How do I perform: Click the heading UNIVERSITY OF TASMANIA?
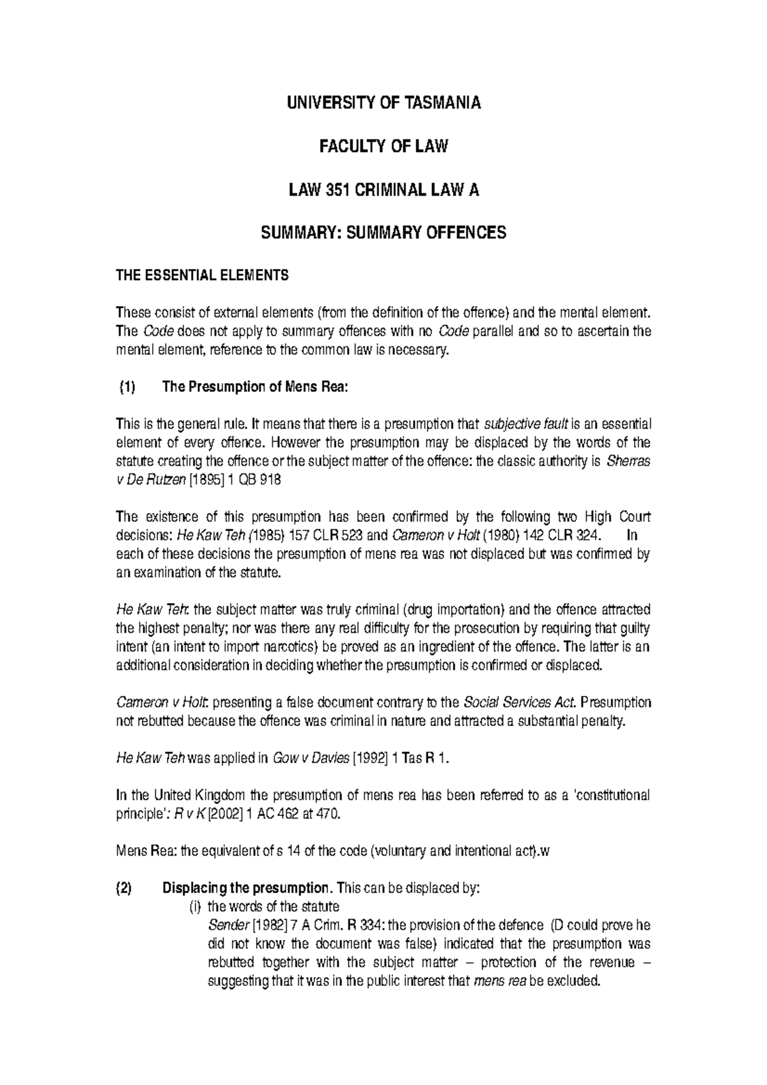[383, 103]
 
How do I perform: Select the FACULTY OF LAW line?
[383, 146]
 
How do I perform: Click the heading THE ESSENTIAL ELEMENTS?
[201, 276]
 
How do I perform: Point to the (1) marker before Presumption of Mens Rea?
[127, 387]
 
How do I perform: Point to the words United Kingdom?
[198, 796]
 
